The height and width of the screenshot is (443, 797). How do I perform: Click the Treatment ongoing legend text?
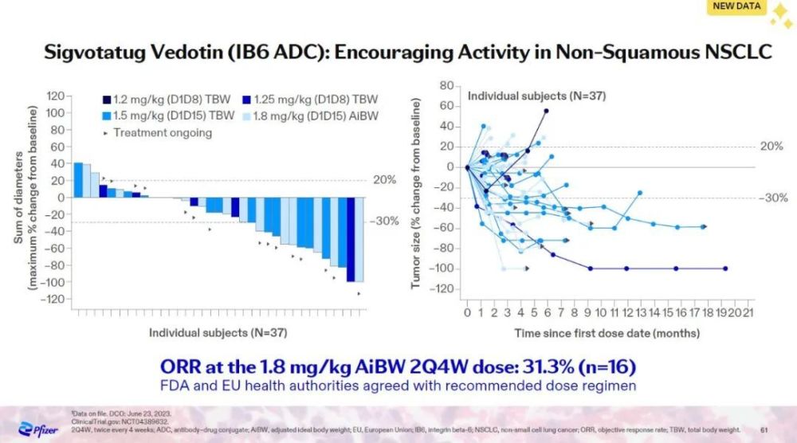[163, 132]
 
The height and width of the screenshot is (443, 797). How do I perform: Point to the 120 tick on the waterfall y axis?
[53, 96]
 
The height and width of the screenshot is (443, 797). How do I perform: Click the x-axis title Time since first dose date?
[608, 332]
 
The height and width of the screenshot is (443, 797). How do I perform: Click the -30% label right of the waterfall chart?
[386, 221]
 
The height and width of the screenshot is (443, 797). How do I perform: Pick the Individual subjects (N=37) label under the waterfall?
[218, 330]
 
